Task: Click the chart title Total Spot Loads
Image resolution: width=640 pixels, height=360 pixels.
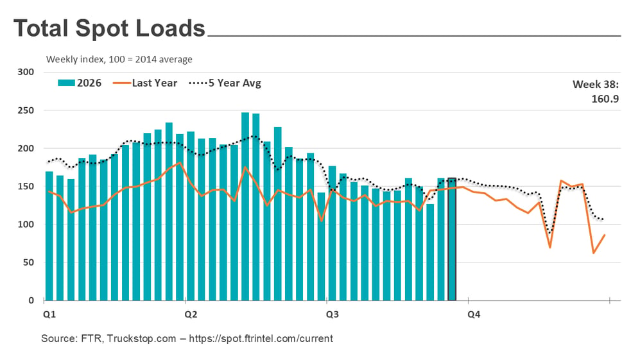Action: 109,29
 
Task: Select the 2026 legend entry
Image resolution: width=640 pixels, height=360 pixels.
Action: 80,83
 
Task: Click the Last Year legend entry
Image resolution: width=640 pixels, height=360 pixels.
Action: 145,83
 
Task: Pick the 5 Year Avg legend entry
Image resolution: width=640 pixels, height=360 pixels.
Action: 225,83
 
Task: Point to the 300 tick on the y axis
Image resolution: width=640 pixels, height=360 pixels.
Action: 26,72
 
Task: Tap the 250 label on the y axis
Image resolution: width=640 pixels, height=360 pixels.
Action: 26,110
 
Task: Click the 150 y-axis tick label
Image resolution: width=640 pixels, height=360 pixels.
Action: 26,186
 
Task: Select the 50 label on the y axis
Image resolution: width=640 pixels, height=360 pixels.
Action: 28,262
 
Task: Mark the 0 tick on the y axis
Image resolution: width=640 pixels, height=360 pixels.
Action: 31,300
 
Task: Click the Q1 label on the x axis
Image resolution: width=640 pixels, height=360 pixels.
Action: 49,314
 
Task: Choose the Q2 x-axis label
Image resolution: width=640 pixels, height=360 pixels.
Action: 191,314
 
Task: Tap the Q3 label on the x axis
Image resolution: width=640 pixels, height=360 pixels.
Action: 333,314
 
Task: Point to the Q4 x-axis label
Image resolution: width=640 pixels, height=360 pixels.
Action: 474,314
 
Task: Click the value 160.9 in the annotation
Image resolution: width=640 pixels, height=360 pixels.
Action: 605,99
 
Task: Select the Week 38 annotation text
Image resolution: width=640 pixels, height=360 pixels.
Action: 596,85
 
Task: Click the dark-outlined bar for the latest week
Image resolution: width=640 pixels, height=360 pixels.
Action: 452,239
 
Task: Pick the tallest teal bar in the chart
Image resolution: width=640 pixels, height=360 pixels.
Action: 245,207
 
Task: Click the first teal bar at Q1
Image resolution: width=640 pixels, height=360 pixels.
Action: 49,236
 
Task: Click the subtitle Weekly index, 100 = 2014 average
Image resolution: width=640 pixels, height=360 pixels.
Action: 119,60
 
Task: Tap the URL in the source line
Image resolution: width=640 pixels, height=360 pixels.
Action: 261,338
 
